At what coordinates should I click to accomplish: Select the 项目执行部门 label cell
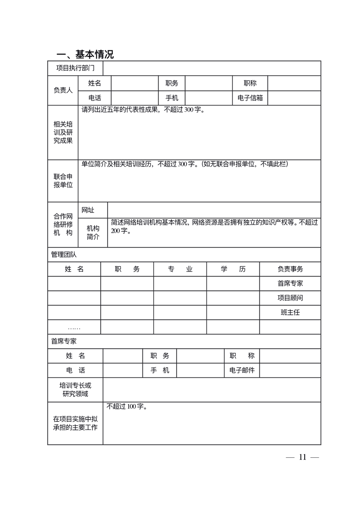(x=75, y=68)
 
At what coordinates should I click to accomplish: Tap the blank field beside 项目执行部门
(x=212, y=68)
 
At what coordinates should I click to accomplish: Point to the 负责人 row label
(x=63, y=90)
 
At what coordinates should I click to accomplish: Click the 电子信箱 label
(x=250, y=98)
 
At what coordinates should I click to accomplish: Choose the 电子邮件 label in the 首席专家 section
(x=242, y=370)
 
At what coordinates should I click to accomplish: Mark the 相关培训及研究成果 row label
(x=63, y=132)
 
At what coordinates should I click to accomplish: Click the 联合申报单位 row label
(x=63, y=181)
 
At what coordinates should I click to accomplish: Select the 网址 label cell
(x=88, y=210)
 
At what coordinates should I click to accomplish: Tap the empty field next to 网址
(x=214, y=210)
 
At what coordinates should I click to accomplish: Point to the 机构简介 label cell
(x=93, y=232)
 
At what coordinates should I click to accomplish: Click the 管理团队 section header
(x=64, y=254)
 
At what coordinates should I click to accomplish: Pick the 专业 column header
(x=180, y=269)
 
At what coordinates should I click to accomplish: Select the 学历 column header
(x=233, y=269)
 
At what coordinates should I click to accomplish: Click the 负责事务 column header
(x=290, y=269)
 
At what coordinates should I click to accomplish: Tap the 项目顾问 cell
(x=290, y=298)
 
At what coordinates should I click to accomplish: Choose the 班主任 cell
(x=290, y=312)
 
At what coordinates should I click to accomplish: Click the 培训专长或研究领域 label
(x=75, y=390)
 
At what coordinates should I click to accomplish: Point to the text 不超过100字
(x=126, y=407)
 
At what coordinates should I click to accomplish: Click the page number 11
(x=303, y=457)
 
